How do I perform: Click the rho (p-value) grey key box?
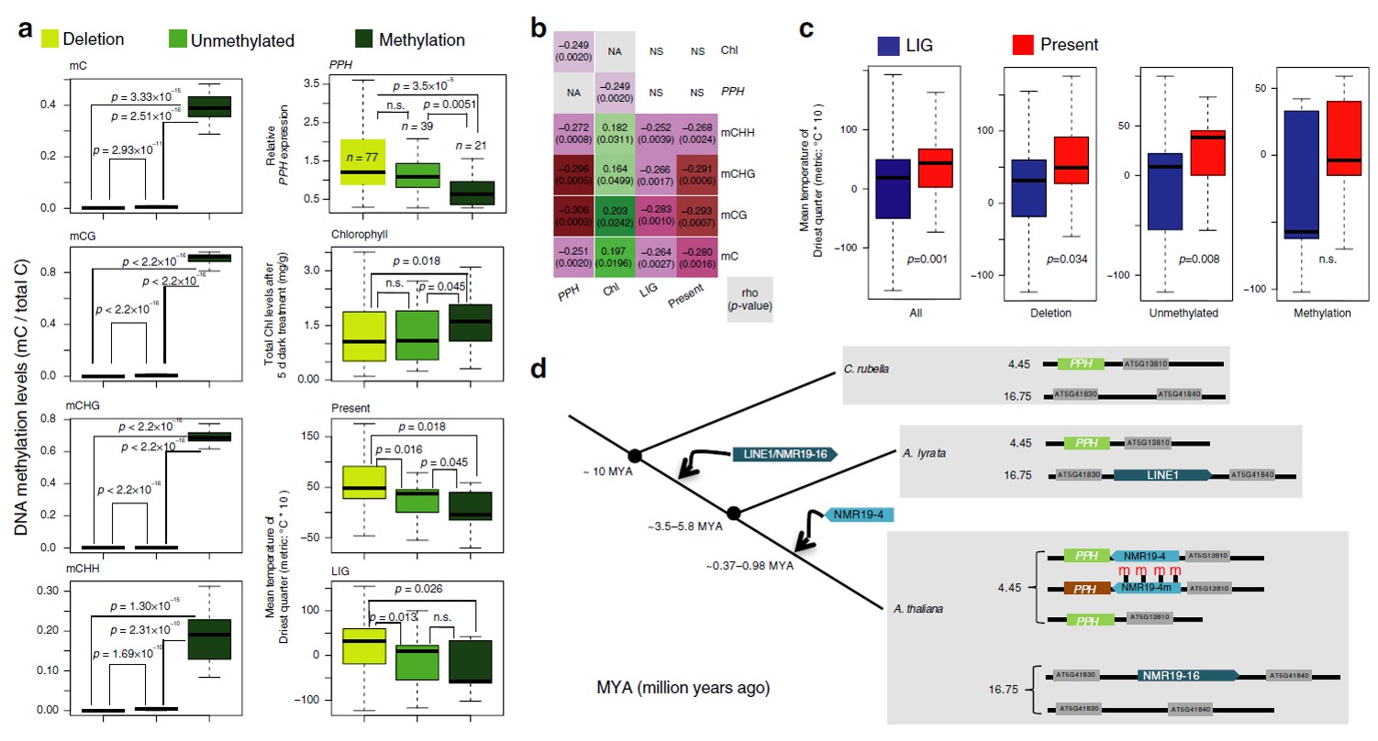[x=745, y=299]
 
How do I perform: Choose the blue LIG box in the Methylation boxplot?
[x=1299, y=174]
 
